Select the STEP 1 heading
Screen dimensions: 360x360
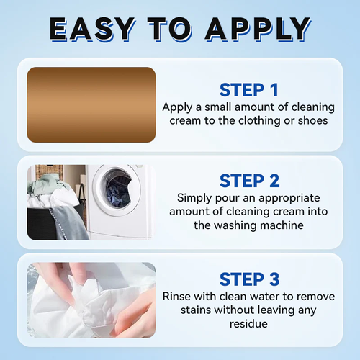(248, 90)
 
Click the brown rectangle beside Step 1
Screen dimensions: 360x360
(91, 104)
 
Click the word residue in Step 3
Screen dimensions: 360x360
(248, 325)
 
